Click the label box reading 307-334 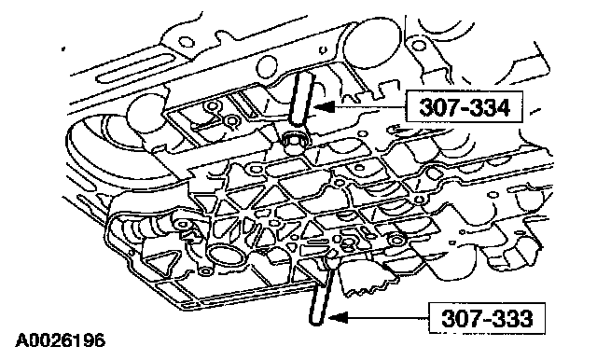click(465, 106)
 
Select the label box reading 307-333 click(487, 318)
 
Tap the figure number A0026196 click(60, 340)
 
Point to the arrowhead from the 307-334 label click(324, 107)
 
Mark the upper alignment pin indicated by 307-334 click(302, 99)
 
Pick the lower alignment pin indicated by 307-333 click(322, 293)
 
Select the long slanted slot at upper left click(135, 68)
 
